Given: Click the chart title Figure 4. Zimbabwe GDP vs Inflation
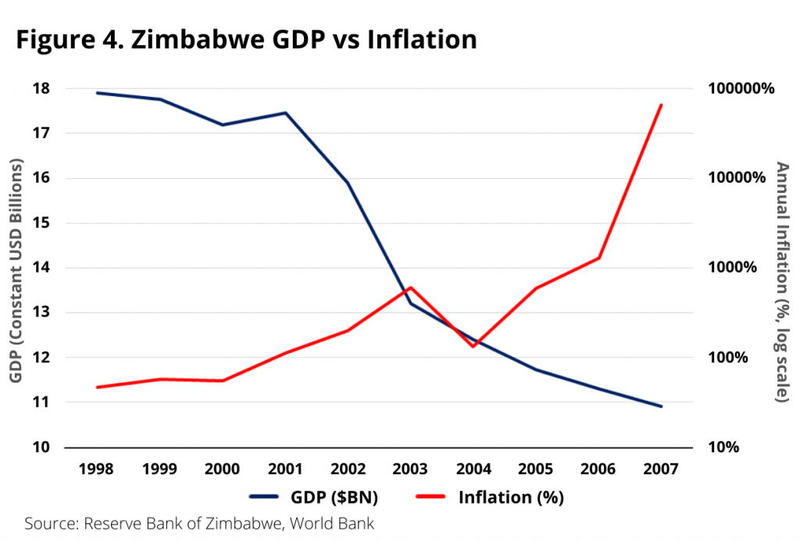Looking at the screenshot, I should pos(247,39).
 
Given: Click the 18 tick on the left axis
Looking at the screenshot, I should pos(41,88).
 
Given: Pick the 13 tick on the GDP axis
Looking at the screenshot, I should pos(41,312).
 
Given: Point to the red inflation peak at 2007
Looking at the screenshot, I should pos(662,105).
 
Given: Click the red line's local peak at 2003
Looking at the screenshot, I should pos(410,287).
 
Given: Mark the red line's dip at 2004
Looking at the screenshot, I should pos(473,346).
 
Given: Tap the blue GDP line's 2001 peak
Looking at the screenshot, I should pos(285,113).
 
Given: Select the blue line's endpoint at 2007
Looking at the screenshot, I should pos(662,406).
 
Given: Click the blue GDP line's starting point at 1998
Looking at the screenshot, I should pos(96,93).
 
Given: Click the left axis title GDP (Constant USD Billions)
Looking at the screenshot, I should pos(16,269).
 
